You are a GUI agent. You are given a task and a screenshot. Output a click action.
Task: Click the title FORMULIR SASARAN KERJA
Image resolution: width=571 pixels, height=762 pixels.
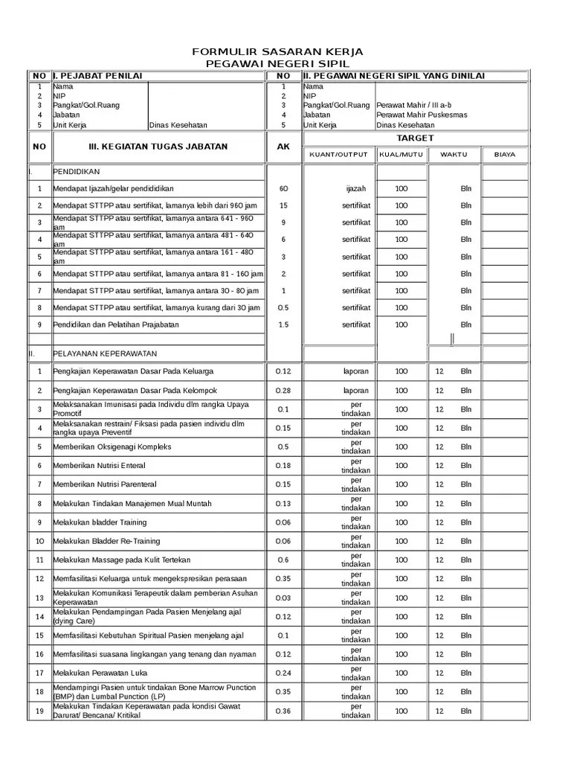click(x=277, y=51)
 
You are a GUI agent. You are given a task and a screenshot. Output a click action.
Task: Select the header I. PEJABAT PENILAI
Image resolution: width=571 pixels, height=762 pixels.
click(x=97, y=76)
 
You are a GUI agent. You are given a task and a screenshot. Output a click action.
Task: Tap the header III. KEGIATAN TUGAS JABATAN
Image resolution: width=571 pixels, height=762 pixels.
click(x=158, y=147)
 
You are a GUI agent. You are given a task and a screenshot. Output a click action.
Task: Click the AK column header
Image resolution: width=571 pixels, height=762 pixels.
click(x=283, y=147)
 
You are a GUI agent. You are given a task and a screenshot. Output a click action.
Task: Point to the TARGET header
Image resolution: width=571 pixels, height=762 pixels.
click(x=414, y=138)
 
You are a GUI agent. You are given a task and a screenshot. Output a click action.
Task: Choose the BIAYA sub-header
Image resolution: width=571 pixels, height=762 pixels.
click(x=504, y=155)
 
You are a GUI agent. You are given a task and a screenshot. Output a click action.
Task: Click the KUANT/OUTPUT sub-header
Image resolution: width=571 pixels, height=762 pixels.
click(x=338, y=155)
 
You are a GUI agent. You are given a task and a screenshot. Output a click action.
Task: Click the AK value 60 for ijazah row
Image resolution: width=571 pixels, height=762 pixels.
click(x=283, y=189)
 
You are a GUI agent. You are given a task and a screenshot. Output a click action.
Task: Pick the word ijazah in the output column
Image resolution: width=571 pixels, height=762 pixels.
click(x=356, y=189)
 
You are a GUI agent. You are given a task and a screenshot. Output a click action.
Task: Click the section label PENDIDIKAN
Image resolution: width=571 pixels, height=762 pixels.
click(x=76, y=172)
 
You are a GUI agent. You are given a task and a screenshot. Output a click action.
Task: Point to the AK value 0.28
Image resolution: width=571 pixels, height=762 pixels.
click(x=283, y=391)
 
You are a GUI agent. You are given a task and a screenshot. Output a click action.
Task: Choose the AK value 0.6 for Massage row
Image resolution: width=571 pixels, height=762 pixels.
click(x=283, y=560)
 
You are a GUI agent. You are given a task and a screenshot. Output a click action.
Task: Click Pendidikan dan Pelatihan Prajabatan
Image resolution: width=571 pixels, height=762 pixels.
click(x=115, y=325)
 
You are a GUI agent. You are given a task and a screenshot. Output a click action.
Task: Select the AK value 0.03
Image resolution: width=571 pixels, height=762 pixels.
click(x=283, y=598)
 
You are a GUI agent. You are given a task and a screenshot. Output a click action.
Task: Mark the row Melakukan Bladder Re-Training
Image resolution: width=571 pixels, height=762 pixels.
click(x=106, y=541)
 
